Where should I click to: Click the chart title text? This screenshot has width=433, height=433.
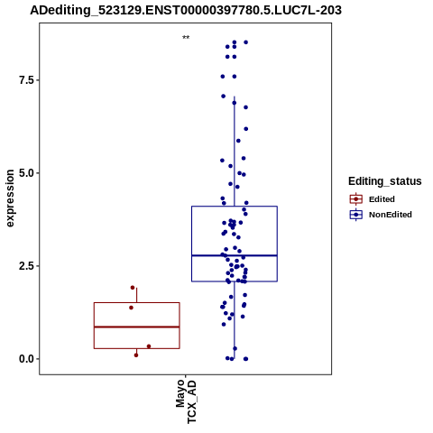click(186, 11)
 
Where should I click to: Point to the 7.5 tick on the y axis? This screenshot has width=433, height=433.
click(37, 80)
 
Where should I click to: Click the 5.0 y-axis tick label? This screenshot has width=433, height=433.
click(25, 173)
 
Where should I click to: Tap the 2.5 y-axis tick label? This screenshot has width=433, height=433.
click(25, 266)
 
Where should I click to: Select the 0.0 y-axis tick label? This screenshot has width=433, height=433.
click(25, 359)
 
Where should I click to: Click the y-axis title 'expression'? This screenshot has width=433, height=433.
click(10, 198)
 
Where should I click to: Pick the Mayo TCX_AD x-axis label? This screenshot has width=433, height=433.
click(186, 401)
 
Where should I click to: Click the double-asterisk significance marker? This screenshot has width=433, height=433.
click(186, 38)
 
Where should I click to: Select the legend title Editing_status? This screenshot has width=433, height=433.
click(385, 181)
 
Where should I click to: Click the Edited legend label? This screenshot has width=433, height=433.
click(382, 199)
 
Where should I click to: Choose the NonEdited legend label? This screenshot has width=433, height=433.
click(391, 215)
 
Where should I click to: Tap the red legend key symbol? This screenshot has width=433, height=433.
click(356, 199)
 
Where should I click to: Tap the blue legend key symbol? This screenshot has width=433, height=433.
click(356, 215)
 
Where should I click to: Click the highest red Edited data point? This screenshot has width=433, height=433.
click(133, 288)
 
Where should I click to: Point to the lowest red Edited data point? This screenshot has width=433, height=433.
click(136, 355)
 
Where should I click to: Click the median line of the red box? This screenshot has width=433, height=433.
click(137, 327)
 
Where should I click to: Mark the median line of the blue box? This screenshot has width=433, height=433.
click(235, 255)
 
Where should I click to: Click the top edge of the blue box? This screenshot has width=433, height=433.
click(235, 207)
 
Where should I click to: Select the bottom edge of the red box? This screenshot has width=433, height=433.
click(137, 348)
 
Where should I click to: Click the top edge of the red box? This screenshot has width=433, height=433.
click(137, 303)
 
